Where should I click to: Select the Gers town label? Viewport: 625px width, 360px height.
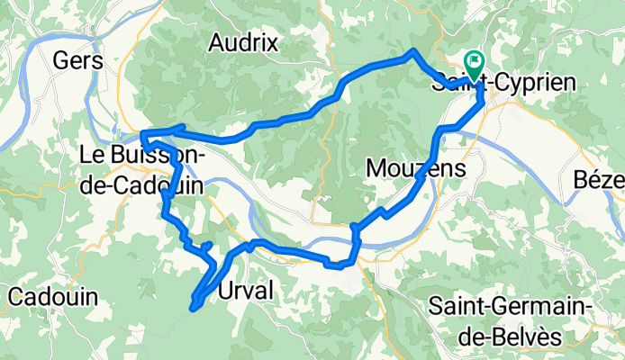78,60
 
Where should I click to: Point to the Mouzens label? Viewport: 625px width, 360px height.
416,168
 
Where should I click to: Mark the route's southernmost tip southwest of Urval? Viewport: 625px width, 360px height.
192,309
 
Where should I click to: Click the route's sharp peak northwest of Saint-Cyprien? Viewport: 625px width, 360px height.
412,51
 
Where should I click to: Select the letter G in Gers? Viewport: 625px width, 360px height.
63,60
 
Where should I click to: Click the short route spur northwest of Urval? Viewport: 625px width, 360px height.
208,244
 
